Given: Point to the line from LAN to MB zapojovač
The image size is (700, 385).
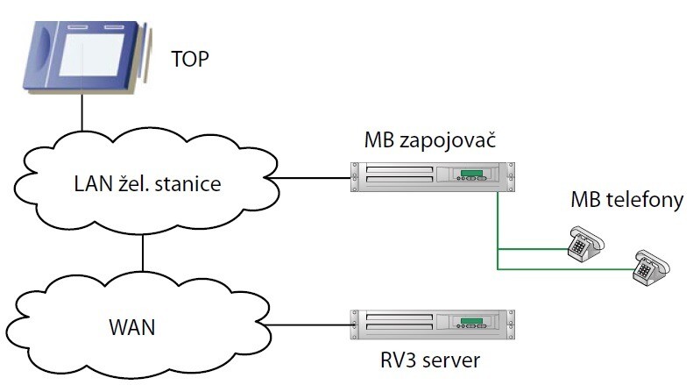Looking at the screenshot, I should [311, 178].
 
